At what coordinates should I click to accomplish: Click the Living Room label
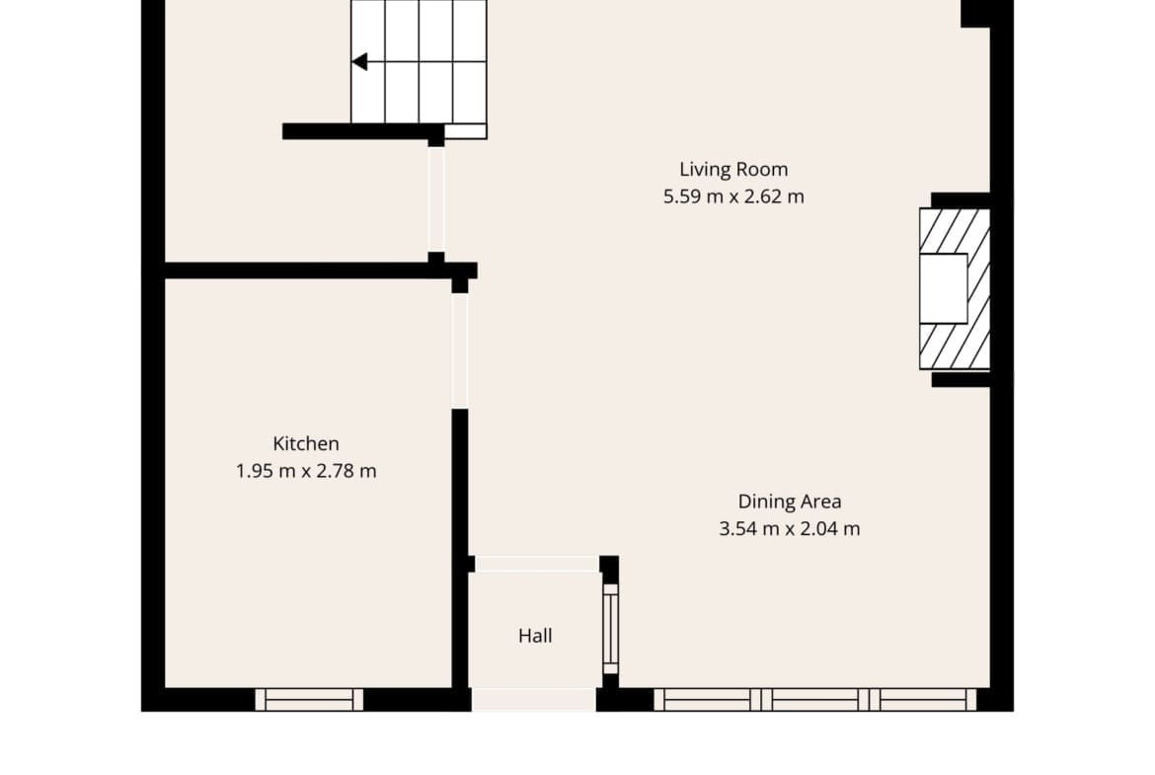pos(733,170)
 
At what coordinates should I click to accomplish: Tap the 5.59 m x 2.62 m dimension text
pos(733,196)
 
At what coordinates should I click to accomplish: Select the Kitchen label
pos(306,443)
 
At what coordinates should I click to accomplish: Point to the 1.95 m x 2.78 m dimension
pos(306,471)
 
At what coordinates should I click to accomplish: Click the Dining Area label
pos(790,502)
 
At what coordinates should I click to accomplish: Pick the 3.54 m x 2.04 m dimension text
pos(790,529)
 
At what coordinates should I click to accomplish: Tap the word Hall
pos(535,636)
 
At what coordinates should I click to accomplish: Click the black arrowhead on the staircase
pos(359,62)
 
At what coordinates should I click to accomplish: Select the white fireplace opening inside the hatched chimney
pos(944,289)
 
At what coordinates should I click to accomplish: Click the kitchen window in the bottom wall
pos(309,700)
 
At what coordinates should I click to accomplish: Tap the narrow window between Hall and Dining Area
pos(611,629)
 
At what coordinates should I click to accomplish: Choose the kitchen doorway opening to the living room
pos(460,350)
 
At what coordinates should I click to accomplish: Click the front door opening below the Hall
pos(534,700)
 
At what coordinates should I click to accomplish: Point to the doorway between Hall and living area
pos(537,565)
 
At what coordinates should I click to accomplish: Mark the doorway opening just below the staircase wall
pos(436,199)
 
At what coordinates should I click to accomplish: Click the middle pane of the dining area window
pos(814,700)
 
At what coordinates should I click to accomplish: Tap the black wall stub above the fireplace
pos(961,200)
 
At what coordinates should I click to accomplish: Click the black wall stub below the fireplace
pos(961,379)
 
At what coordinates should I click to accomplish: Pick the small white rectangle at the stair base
pos(466,131)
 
